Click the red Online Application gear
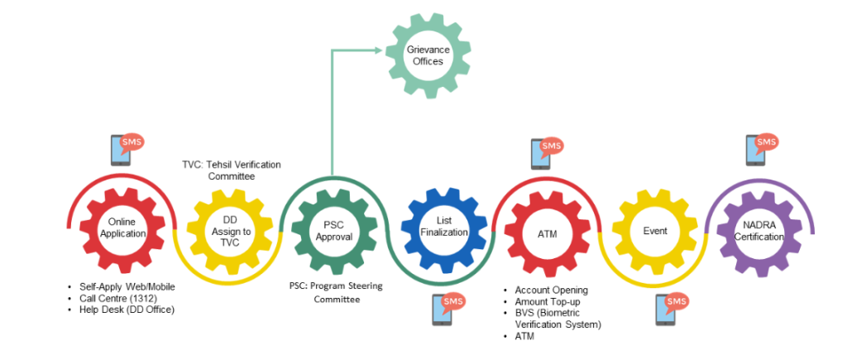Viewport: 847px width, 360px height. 122,228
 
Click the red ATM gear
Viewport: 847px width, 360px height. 546,233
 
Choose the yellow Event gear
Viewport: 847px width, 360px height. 654,231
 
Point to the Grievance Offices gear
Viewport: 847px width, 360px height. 424,55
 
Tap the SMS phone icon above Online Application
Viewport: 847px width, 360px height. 126,150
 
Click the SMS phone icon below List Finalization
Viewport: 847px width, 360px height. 447,309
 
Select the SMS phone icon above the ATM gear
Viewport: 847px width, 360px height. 545,153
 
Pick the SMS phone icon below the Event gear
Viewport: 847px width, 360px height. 671,309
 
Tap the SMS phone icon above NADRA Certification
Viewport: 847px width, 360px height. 759,149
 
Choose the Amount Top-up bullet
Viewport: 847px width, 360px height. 547,302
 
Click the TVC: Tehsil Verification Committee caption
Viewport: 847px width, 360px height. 231,170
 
